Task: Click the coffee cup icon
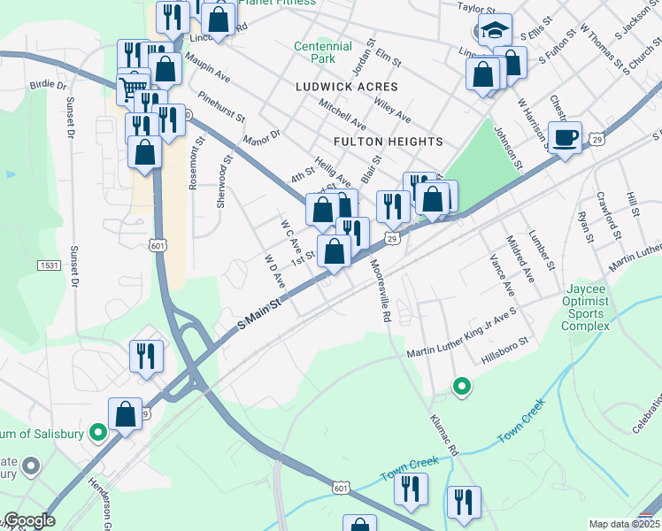pyautogui.click(x=565, y=137)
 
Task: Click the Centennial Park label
pyautogui.click(x=315, y=52)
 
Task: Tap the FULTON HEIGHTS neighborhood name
pyautogui.click(x=389, y=142)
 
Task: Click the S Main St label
pyautogui.click(x=260, y=314)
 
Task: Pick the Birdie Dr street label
pyautogui.click(x=49, y=86)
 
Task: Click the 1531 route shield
pyautogui.click(x=50, y=265)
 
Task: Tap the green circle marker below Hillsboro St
pyautogui.click(x=461, y=386)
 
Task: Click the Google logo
pyautogui.click(x=29, y=520)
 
